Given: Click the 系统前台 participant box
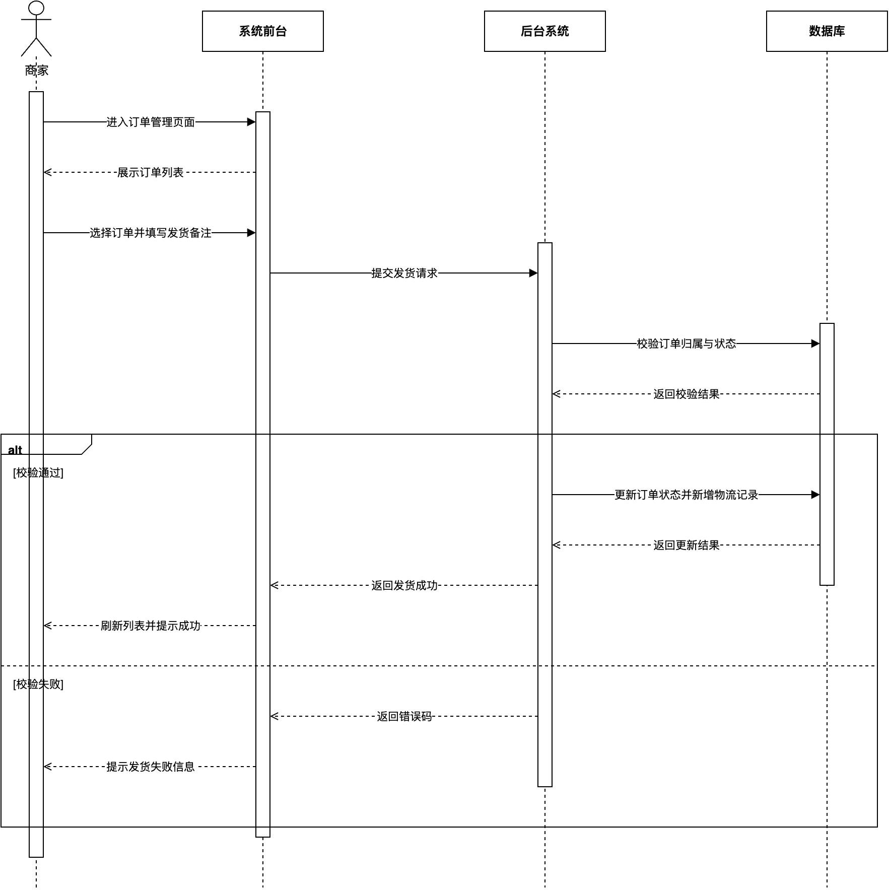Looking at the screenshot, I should click(x=262, y=31).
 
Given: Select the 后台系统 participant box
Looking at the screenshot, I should click(x=544, y=31).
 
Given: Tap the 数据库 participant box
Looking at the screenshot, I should click(x=827, y=31).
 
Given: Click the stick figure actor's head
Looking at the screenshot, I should click(x=36, y=8).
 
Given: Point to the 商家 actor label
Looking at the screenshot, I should click(x=36, y=71).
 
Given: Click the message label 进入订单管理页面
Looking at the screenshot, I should click(x=150, y=122).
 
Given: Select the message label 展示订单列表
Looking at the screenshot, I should click(x=150, y=172).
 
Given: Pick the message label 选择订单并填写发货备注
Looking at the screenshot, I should click(x=150, y=233).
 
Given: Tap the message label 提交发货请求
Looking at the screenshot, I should click(x=404, y=273).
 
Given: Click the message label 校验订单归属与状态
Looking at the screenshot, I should click(x=686, y=344).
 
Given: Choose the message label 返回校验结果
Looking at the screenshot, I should click(x=686, y=394).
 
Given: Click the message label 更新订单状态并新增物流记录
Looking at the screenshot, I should click(x=686, y=495).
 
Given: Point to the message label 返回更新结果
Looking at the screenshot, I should click(x=686, y=545).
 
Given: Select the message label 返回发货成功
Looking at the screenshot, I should click(x=404, y=585).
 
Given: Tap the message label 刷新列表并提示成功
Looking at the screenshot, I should click(x=150, y=626).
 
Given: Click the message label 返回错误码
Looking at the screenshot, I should click(x=404, y=716).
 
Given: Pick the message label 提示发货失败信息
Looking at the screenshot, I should click(x=150, y=767).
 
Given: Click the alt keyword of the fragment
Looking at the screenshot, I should click(x=15, y=450).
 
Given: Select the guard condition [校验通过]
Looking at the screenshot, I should click(x=38, y=472).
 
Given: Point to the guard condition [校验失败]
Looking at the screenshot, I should click(x=38, y=684).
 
